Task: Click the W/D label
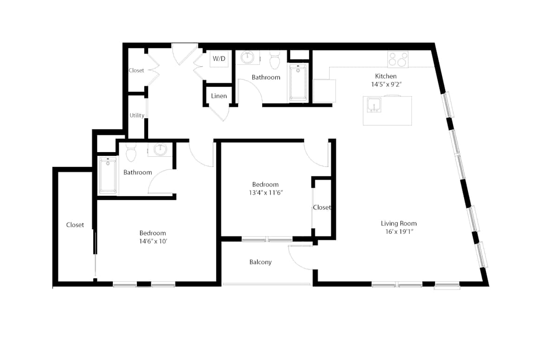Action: [x=219, y=58]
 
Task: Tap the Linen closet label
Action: [x=219, y=96]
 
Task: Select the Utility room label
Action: [x=137, y=115]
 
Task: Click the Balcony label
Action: [x=260, y=262]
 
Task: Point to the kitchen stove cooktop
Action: [x=398, y=59]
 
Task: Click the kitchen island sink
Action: [x=374, y=105]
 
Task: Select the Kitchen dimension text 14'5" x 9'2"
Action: [x=386, y=84]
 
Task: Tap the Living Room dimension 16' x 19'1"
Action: [x=399, y=231]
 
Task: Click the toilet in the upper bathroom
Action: [x=275, y=60]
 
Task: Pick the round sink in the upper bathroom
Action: [x=247, y=58]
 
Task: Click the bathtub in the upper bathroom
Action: [x=298, y=83]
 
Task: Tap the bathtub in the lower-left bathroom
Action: [x=108, y=175]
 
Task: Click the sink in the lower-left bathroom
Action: [x=160, y=149]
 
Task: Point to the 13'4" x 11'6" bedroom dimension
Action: [x=266, y=193]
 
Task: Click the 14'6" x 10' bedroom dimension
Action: [x=153, y=241]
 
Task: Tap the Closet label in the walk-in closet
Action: [x=75, y=225]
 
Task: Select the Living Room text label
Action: [x=399, y=223]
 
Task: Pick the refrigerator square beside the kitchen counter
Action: [x=324, y=91]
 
